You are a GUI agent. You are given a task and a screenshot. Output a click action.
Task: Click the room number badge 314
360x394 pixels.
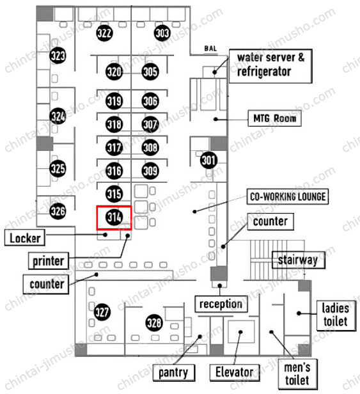[114, 217]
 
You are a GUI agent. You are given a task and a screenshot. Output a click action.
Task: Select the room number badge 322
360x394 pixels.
[104, 33]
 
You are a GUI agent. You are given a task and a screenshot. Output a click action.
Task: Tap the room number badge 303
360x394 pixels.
[162, 33]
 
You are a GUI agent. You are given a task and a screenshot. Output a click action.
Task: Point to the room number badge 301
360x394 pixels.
[208, 161]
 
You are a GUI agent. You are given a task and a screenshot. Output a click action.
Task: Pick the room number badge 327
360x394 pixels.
[102, 312]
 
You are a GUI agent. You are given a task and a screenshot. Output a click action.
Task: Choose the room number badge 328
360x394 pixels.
[153, 323]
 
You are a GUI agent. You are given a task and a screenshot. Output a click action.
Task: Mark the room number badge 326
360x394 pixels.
[58, 211]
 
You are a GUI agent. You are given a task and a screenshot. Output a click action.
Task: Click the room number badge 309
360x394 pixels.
[150, 171]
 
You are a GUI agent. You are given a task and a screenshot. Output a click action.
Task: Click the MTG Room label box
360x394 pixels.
[274, 118]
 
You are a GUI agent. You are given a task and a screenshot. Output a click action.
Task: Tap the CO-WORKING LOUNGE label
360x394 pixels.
[288, 196]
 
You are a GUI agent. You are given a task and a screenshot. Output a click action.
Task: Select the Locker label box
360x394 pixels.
[25, 237]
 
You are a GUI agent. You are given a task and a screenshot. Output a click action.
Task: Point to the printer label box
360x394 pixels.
[49, 261]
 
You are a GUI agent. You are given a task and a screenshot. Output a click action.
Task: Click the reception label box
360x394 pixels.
[221, 304]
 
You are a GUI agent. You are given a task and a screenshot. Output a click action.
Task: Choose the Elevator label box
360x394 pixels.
[235, 372]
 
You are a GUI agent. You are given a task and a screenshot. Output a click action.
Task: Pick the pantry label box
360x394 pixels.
[173, 372]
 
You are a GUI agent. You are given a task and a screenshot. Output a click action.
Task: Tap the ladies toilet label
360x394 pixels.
[336, 315]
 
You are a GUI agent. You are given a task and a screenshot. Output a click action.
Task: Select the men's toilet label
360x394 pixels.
[297, 374]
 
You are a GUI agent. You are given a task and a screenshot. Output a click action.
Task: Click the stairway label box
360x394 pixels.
[299, 260]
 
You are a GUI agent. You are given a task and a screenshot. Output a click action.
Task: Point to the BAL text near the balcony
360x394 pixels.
[210, 49]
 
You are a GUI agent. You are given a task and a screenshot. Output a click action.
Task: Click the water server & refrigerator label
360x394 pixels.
[270, 66]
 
